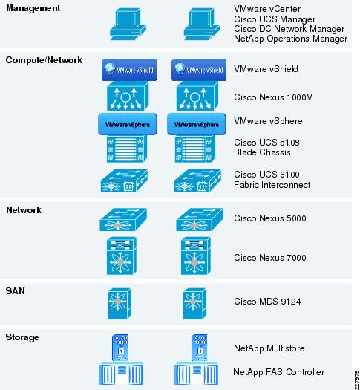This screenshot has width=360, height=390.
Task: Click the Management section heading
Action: pos(33,8)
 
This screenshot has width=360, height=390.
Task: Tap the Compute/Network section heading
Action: pos(44,60)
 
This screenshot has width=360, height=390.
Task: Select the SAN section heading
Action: pos(16,290)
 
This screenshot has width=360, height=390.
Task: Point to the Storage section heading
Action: pos(22,337)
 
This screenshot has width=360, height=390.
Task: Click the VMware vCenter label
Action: pos(267,9)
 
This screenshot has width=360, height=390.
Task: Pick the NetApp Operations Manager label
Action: pos(290,39)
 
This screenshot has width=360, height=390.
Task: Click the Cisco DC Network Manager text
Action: pos(289,29)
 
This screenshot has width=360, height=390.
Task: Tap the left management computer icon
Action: pos(128,24)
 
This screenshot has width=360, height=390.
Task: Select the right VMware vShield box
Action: pos(199,70)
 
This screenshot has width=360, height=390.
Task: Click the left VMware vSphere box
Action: pos(128,124)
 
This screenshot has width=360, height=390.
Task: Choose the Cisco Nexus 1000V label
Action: pos(273,97)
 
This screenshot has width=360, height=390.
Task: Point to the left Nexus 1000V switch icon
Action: pos(128,97)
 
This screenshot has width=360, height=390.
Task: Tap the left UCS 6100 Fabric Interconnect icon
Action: pos(124,181)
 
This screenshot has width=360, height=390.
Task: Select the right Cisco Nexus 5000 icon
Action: pos(200,220)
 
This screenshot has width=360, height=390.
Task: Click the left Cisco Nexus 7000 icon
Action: pos(122,256)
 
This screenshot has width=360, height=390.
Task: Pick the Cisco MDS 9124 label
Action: pos(267,302)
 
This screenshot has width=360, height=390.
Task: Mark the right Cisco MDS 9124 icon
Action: pos(194,304)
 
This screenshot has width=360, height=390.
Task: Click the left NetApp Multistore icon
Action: pos(120,348)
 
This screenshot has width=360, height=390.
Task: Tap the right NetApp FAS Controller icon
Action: pos(196,374)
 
